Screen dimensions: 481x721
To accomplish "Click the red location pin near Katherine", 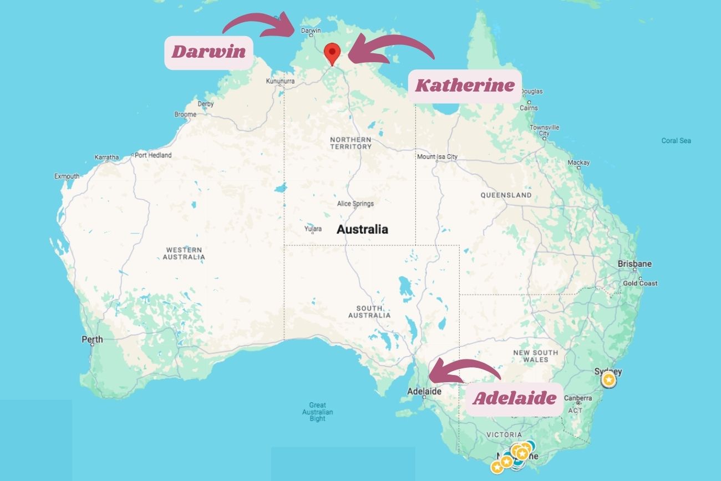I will [x=332, y=54].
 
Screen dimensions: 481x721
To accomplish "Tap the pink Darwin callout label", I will [x=209, y=52].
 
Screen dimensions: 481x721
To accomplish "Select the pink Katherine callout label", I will [x=465, y=85].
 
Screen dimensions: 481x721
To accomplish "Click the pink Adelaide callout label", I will [x=514, y=398].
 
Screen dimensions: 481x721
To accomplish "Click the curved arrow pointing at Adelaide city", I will [x=461, y=372].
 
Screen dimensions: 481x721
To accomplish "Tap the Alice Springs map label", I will [x=355, y=204].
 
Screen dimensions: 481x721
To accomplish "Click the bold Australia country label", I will [x=362, y=229].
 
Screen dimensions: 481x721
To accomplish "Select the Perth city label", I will [x=92, y=339].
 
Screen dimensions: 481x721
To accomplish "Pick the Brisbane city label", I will [x=634, y=264].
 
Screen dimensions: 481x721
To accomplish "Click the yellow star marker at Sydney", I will [x=608, y=380].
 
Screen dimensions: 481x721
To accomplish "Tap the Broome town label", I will [x=185, y=114].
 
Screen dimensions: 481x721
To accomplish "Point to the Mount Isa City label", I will [x=437, y=156].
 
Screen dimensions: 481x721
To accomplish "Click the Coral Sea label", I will [x=676, y=140].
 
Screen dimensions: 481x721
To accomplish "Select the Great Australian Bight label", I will [x=318, y=412].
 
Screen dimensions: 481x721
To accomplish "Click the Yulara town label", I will [x=313, y=229].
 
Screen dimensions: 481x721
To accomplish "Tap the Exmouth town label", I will [x=67, y=176].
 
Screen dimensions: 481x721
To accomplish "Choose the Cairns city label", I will [x=529, y=108].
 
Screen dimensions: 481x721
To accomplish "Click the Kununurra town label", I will [x=280, y=81].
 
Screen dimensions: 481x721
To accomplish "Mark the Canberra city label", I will [x=578, y=398].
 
